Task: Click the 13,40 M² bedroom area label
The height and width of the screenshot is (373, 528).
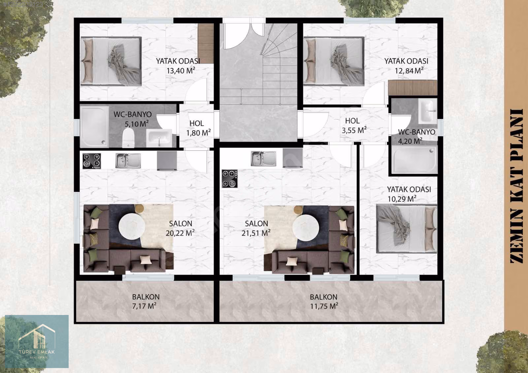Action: [181, 70]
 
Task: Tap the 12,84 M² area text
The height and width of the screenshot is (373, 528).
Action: [409, 70]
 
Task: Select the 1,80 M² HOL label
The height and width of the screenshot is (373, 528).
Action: [198, 133]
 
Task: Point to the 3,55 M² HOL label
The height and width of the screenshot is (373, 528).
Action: [354, 130]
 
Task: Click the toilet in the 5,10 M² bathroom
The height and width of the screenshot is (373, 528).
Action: [128, 138]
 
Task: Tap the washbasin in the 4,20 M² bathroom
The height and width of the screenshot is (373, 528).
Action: [428, 111]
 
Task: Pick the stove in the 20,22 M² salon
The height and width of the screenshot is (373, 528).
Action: [92, 161]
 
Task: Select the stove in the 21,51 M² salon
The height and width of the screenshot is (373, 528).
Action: [230, 179]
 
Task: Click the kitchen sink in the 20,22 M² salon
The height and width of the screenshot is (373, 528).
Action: [128, 161]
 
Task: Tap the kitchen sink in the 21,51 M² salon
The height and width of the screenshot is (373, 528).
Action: [263, 159]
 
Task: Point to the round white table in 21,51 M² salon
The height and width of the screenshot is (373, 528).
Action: [306, 228]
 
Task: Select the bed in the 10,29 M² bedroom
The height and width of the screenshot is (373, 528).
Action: [407, 229]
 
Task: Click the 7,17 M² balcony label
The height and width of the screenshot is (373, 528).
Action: [146, 301]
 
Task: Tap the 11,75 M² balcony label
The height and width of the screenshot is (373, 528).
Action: [324, 302]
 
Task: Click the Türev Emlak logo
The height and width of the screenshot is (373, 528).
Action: [37, 341]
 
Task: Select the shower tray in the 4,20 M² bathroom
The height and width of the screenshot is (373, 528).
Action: [414, 160]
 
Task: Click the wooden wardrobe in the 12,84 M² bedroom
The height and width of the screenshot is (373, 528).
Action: [413, 88]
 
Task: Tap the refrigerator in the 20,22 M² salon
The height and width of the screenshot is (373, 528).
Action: [167, 161]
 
